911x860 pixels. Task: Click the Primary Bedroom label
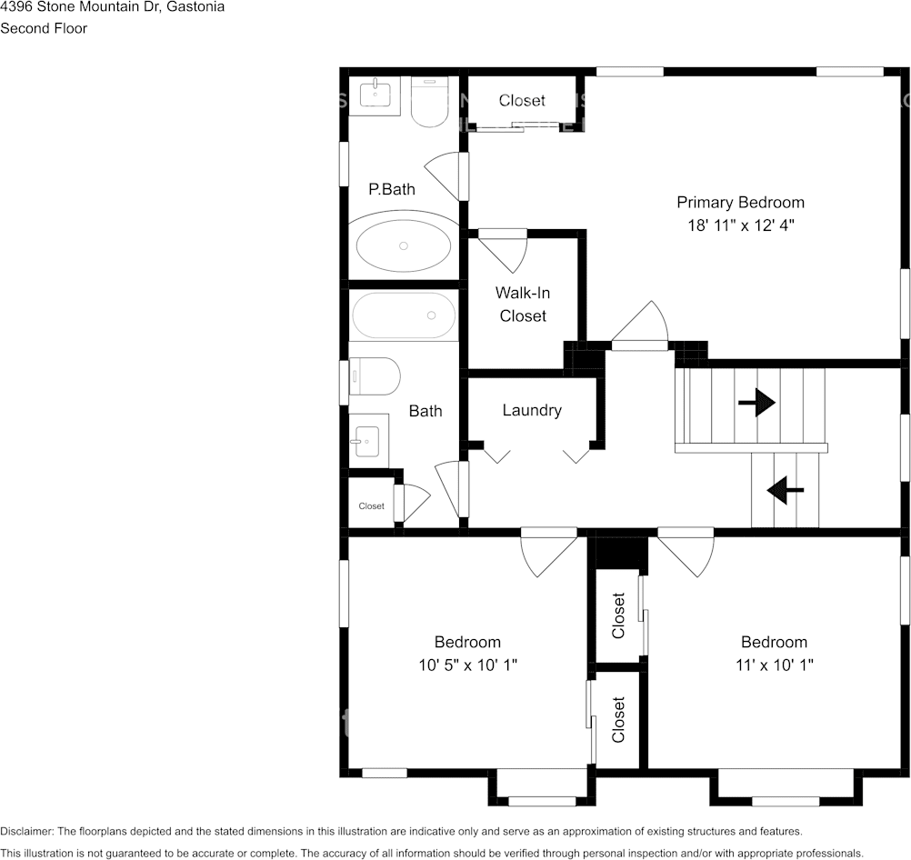tap(740, 202)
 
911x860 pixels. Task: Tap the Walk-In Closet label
tap(523, 304)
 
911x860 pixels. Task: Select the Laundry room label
tap(532, 410)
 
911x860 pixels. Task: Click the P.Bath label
tap(392, 189)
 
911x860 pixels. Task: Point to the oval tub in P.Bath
tap(403, 245)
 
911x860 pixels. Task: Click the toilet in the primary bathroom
tap(429, 102)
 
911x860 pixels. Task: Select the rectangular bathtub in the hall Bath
tap(403, 315)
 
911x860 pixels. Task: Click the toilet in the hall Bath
tap(375, 376)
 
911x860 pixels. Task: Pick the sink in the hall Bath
tap(368, 441)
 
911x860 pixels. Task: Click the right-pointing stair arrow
tap(756, 402)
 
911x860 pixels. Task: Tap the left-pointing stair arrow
tap(786, 490)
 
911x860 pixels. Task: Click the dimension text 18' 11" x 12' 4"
tap(741, 225)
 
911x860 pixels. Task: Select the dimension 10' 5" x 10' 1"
tap(467, 665)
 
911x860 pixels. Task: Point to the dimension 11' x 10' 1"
tap(775, 665)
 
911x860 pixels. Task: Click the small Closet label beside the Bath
tap(371, 506)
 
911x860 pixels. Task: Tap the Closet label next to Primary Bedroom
tap(522, 101)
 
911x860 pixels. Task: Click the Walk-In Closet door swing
tap(503, 251)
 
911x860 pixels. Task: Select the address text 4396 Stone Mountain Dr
tap(80, 7)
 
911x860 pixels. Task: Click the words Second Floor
tap(44, 28)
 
